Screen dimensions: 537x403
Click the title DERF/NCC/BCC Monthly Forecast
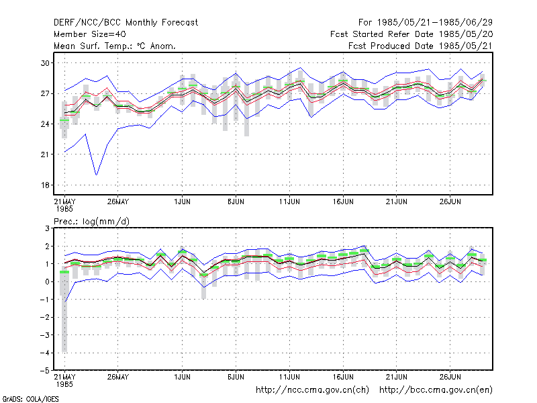(126, 23)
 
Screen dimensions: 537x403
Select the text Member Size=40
(90, 34)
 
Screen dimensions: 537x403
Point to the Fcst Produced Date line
(420, 46)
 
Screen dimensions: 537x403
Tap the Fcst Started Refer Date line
(411, 34)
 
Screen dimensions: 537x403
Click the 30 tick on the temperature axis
(45, 63)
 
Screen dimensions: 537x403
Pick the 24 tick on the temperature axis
(45, 124)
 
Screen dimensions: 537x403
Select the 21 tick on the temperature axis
(45, 154)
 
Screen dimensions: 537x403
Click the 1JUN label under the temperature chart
(182, 201)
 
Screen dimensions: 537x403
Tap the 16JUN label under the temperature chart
(343, 201)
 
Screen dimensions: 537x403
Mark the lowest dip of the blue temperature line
(97, 175)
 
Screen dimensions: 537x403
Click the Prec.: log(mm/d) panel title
(91, 222)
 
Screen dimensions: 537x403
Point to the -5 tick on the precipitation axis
(44, 371)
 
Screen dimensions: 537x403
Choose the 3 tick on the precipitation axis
(47, 228)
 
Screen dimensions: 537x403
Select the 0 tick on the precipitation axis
(47, 281)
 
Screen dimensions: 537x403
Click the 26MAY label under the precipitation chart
(118, 377)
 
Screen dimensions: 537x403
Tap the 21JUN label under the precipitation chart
(397, 377)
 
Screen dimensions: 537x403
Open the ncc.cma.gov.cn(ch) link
(312, 390)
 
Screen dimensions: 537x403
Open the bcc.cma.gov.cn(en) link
(436, 390)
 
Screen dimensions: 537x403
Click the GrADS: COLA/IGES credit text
(30, 399)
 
